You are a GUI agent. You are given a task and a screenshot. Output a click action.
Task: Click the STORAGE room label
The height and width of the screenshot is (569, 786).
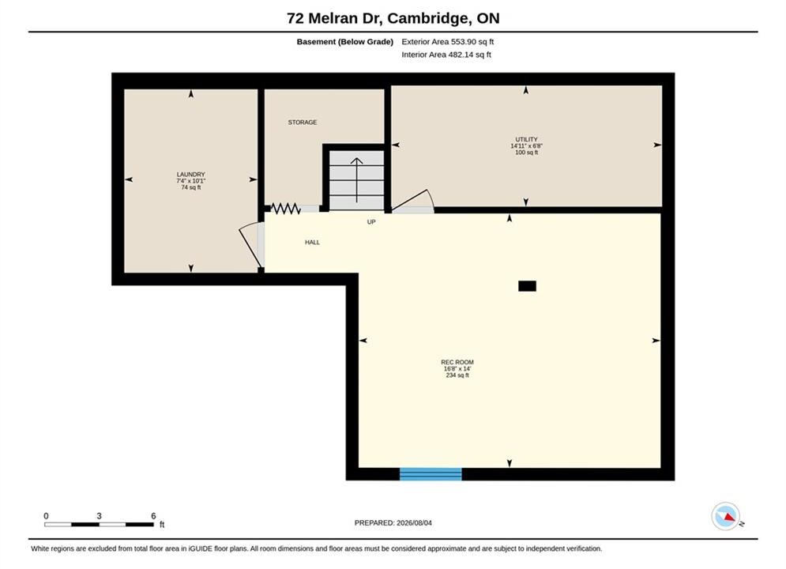click(x=303, y=122)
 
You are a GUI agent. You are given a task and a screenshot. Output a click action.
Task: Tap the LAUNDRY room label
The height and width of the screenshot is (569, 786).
click(x=191, y=175)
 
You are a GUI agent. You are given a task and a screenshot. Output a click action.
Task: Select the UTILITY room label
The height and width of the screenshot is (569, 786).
click(x=526, y=139)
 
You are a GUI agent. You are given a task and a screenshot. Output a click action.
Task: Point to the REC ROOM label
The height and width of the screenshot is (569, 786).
click(x=457, y=362)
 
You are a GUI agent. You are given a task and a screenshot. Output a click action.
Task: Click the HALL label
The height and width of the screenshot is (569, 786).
click(x=312, y=242)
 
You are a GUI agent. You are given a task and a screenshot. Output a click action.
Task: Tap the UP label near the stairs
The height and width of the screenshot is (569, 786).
click(x=371, y=222)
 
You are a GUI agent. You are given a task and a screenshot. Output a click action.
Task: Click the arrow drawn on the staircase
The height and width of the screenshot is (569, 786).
click(x=356, y=180)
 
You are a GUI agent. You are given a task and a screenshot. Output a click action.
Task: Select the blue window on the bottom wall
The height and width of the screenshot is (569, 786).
click(x=431, y=473)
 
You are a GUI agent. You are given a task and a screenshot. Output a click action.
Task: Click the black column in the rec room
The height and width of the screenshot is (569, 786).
click(x=528, y=286)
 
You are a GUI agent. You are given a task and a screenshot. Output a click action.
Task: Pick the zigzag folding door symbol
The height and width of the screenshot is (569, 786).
click(x=285, y=208)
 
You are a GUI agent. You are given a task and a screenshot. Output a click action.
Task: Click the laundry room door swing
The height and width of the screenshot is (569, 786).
click(x=250, y=246)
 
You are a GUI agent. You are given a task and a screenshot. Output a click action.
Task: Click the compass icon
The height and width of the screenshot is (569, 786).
click(x=725, y=516)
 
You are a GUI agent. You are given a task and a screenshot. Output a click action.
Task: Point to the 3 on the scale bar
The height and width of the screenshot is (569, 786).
click(x=99, y=516)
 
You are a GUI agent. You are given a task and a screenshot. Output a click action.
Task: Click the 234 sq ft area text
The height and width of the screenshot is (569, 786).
click(x=457, y=375)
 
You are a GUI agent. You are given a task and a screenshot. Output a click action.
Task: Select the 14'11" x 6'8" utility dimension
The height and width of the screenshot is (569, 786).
click(x=526, y=146)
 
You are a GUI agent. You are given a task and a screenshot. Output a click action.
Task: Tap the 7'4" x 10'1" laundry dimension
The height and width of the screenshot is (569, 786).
click(x=191, y=181)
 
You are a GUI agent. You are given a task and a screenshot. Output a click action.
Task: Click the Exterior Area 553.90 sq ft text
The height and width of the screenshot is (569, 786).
click(x=448, y=42)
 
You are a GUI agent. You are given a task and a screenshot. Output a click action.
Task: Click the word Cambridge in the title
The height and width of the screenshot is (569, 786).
click(x=427, y=18)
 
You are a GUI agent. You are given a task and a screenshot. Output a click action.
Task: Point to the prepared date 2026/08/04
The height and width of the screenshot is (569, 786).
click(x=414, y=523)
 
